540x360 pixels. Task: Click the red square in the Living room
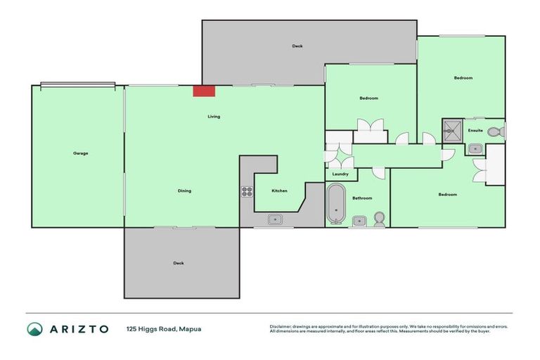click(x=204, y=91)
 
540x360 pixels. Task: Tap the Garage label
click(x=80, y=153)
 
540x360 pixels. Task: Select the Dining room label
click(x=184, y=191)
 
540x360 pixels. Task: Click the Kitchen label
click(x=279, y=191)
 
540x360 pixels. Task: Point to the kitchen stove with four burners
click(x=247, y=191)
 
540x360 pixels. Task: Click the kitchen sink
click(x=274, y=220)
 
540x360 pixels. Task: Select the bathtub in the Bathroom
click(x=336, y=205)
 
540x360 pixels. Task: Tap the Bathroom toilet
click(x=380, y=219)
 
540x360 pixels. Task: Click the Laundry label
click(x=340, y=174)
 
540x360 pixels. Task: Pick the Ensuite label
click(x=476, y=130)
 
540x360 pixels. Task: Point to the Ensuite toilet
click(x=494, y=131)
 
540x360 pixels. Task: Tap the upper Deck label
click(x=297, y=46)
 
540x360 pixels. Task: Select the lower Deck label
click(x=179, y=263)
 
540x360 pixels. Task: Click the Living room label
click(x=214, y=117)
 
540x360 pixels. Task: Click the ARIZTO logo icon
click(x=34, y=329)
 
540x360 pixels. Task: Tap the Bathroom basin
click(x=359, y=221)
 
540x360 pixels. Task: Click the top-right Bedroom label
click(x=463, y=78)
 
